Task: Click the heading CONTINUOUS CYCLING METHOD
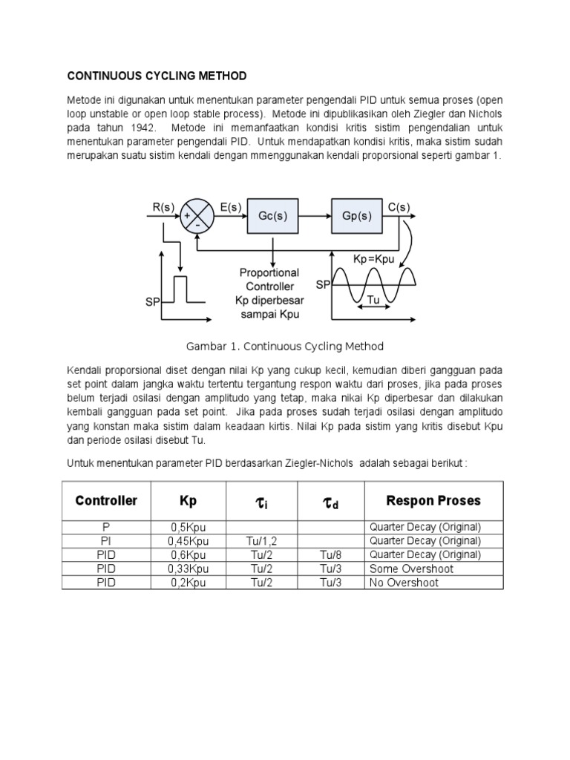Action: [x=157, y=76]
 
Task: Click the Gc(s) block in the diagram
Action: [x=272, y=216]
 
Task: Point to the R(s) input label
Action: [x=163, y=207]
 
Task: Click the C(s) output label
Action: [x=399, y=207]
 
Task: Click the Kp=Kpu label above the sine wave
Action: [x=373, y=260]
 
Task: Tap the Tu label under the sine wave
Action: [x=374, y=301]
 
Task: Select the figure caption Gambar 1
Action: [x=284, y=347]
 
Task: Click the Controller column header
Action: [x=106, y=501]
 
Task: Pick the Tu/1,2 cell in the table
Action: [x=261, y=541]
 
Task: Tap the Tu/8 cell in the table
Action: [x=330, y=554]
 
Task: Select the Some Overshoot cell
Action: [x=410, y=569]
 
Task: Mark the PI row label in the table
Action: [x=105, y=541]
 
